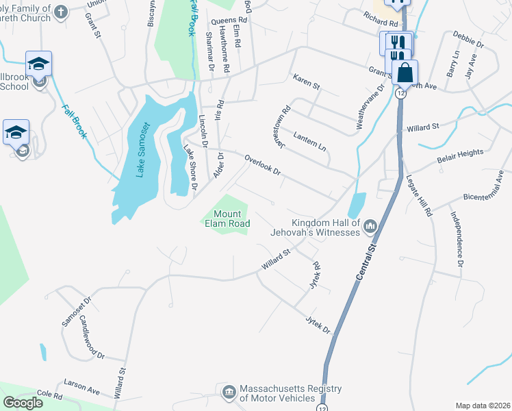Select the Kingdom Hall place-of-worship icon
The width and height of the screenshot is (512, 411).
370,225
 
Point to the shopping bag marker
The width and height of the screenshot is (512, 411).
405,73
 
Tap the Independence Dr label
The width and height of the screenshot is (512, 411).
457,239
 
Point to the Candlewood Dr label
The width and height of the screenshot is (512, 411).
92,337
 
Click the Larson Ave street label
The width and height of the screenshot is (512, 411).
81,384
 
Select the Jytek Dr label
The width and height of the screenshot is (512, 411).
318,322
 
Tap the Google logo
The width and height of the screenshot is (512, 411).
23,402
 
